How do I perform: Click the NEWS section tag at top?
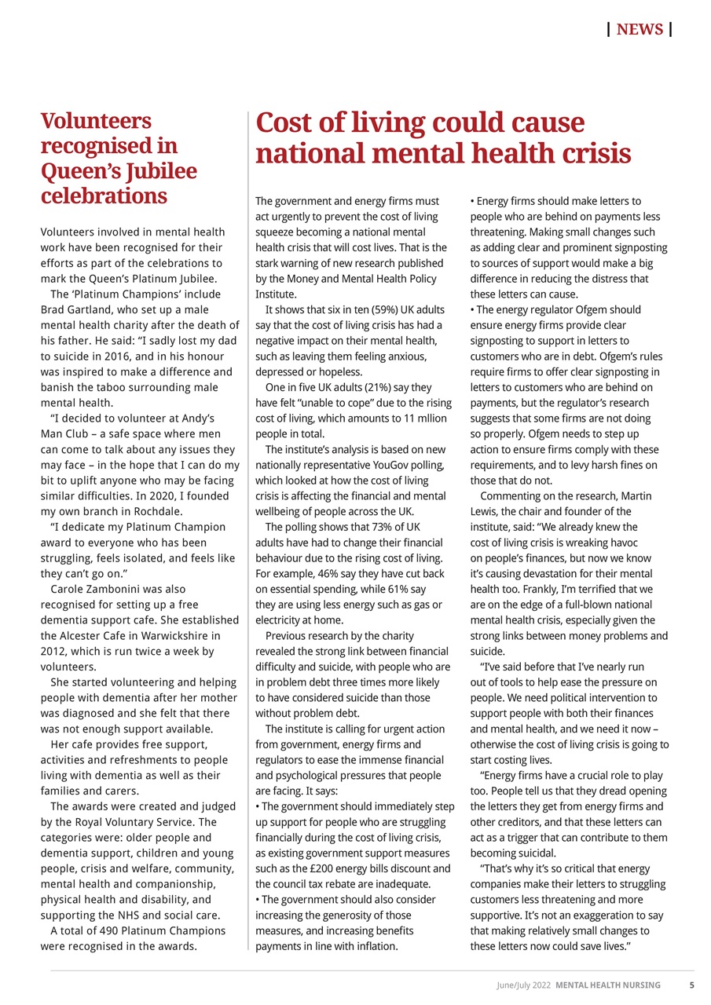point(640,30)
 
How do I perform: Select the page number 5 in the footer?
point(691,985)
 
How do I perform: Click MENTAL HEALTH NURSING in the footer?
point(608,985)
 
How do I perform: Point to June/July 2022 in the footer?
point(523,985)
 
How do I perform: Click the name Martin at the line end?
point(636,496)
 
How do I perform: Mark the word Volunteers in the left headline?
point(96,121)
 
